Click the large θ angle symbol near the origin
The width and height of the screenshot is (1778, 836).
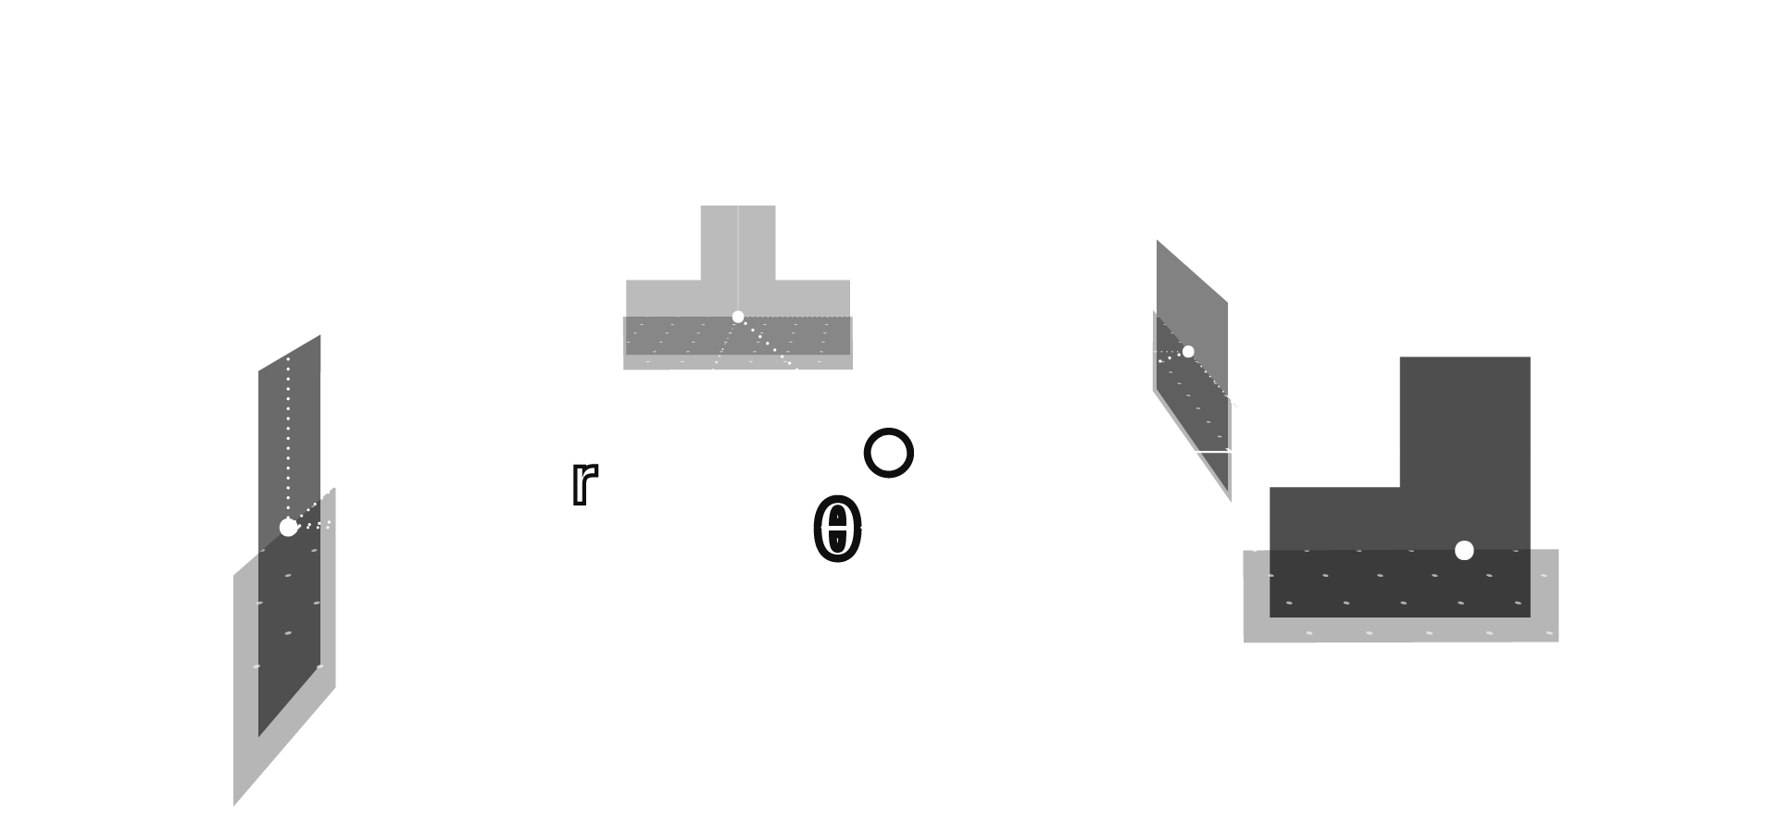(837, 533)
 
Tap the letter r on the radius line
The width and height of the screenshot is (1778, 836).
(582, 483)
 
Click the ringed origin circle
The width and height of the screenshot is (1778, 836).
(889, 454)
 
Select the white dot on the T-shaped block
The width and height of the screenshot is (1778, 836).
(738, 317)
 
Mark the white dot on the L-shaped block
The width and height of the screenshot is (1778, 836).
(1464, 551)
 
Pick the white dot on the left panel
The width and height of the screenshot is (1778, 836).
(288, 528)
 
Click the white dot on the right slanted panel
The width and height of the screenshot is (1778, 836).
(1188, 352)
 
